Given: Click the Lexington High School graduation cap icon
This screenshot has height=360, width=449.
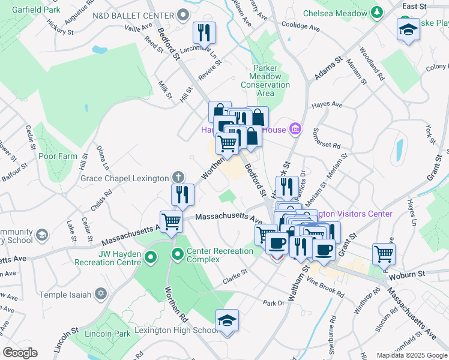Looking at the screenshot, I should click(x=228, y=321).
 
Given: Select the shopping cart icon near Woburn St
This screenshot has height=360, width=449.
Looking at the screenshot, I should click(x=384, y=253).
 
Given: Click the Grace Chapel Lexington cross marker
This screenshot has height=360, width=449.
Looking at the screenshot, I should click(x=178, y=177).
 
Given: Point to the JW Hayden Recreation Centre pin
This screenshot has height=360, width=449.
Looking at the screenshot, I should click(x=151, y=257).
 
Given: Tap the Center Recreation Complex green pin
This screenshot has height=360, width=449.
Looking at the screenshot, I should click(x=178, y=254).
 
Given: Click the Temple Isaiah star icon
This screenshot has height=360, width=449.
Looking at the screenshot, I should click(x=101, y=295).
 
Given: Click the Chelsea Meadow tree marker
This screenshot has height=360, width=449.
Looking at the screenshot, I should click(x=376, y=11).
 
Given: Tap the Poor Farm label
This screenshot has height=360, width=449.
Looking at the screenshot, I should click(x=58, y=156).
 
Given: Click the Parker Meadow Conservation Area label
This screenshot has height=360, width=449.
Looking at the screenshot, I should click(x=265, y=76).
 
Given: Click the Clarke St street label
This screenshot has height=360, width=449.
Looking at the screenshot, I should click(x=235, y=276).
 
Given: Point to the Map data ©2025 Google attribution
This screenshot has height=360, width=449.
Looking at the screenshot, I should click(x=411, y=355).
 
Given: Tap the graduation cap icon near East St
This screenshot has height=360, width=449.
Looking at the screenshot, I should click(x=408, y=30).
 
